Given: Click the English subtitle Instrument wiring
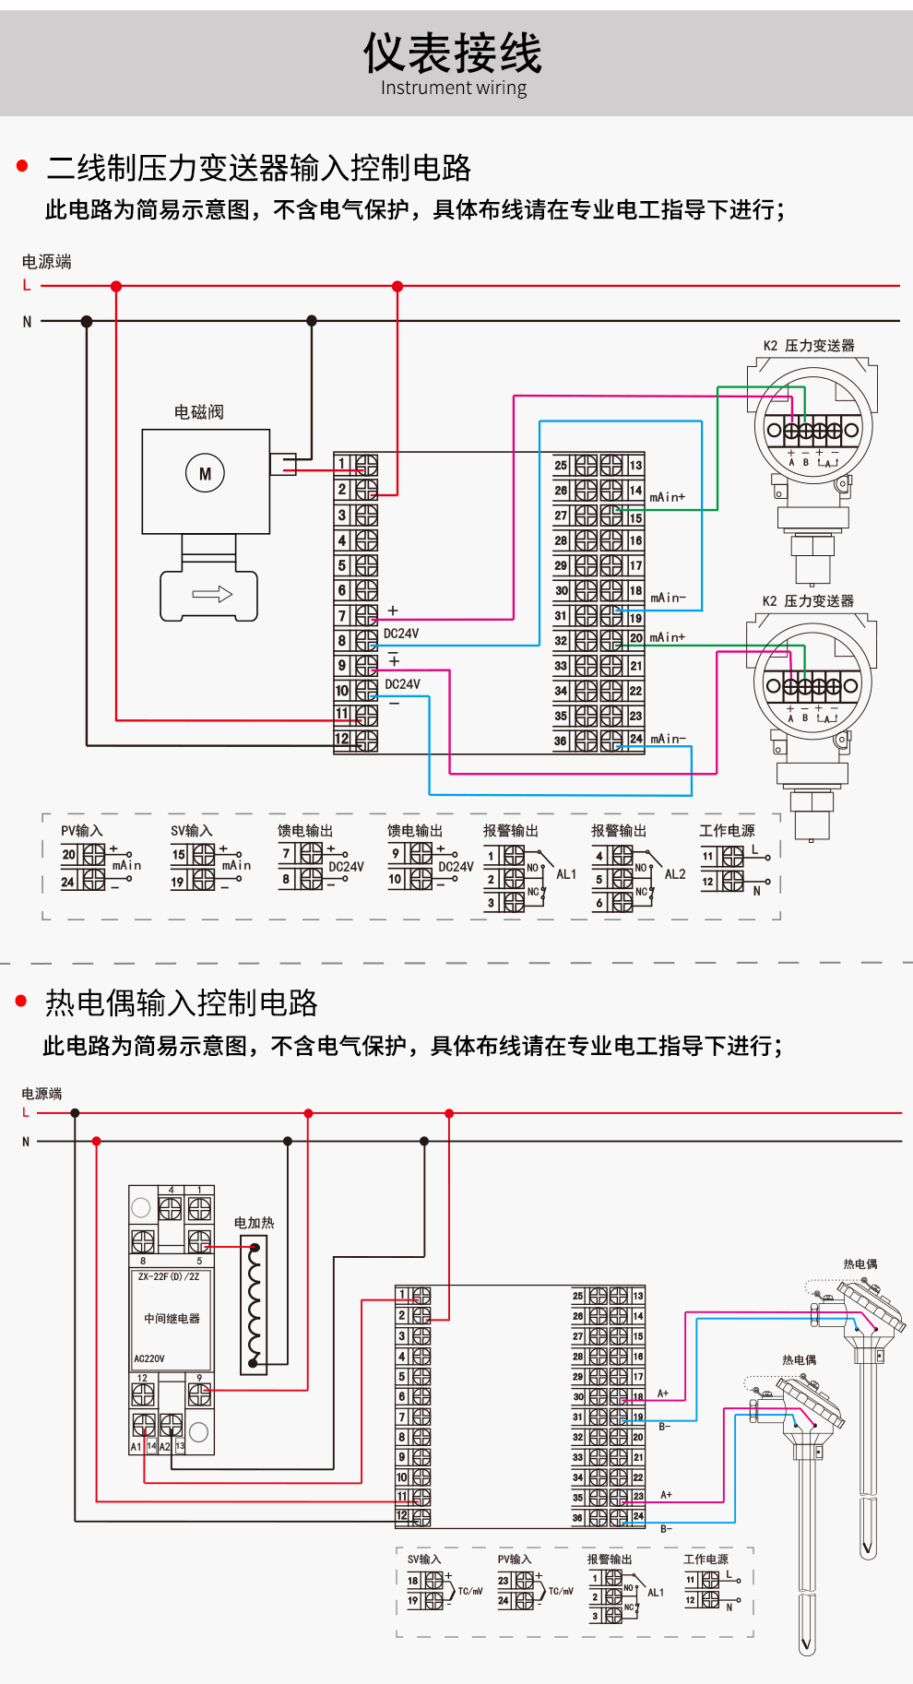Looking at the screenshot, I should (x=454, y=89).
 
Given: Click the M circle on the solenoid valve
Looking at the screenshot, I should (x=205, y=473).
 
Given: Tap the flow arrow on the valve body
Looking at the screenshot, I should (x=211, y=595).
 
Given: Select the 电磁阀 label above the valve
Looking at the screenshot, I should (x=199, y=412).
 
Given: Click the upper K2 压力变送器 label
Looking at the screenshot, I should (x=809, y=346).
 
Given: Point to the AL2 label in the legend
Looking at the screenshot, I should (x=675, y=874).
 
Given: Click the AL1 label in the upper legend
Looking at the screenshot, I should (x=565, y=874).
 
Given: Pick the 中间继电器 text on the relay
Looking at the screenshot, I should (x=172, y=1319).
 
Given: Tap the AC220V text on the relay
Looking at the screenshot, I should (x=149, y=1358).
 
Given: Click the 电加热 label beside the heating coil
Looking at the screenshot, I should (x=254, y=1223).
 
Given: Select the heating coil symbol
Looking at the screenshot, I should (x=255, y=1304).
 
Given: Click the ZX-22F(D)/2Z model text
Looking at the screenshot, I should (x=169, y=1277).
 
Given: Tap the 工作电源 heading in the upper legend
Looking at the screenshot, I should (x=727, y=831).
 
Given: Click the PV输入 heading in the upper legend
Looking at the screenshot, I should (x=82, y=831).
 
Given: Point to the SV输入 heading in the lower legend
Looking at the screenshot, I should (x=424, y=1559).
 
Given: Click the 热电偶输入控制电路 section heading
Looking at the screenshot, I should (x=182, y=1002).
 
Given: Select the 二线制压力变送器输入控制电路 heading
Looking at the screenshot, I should (x=258, y=168).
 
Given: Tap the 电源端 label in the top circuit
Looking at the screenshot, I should (x=47, y=262).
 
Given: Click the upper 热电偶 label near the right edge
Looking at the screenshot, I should (x=860, y=1264).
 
